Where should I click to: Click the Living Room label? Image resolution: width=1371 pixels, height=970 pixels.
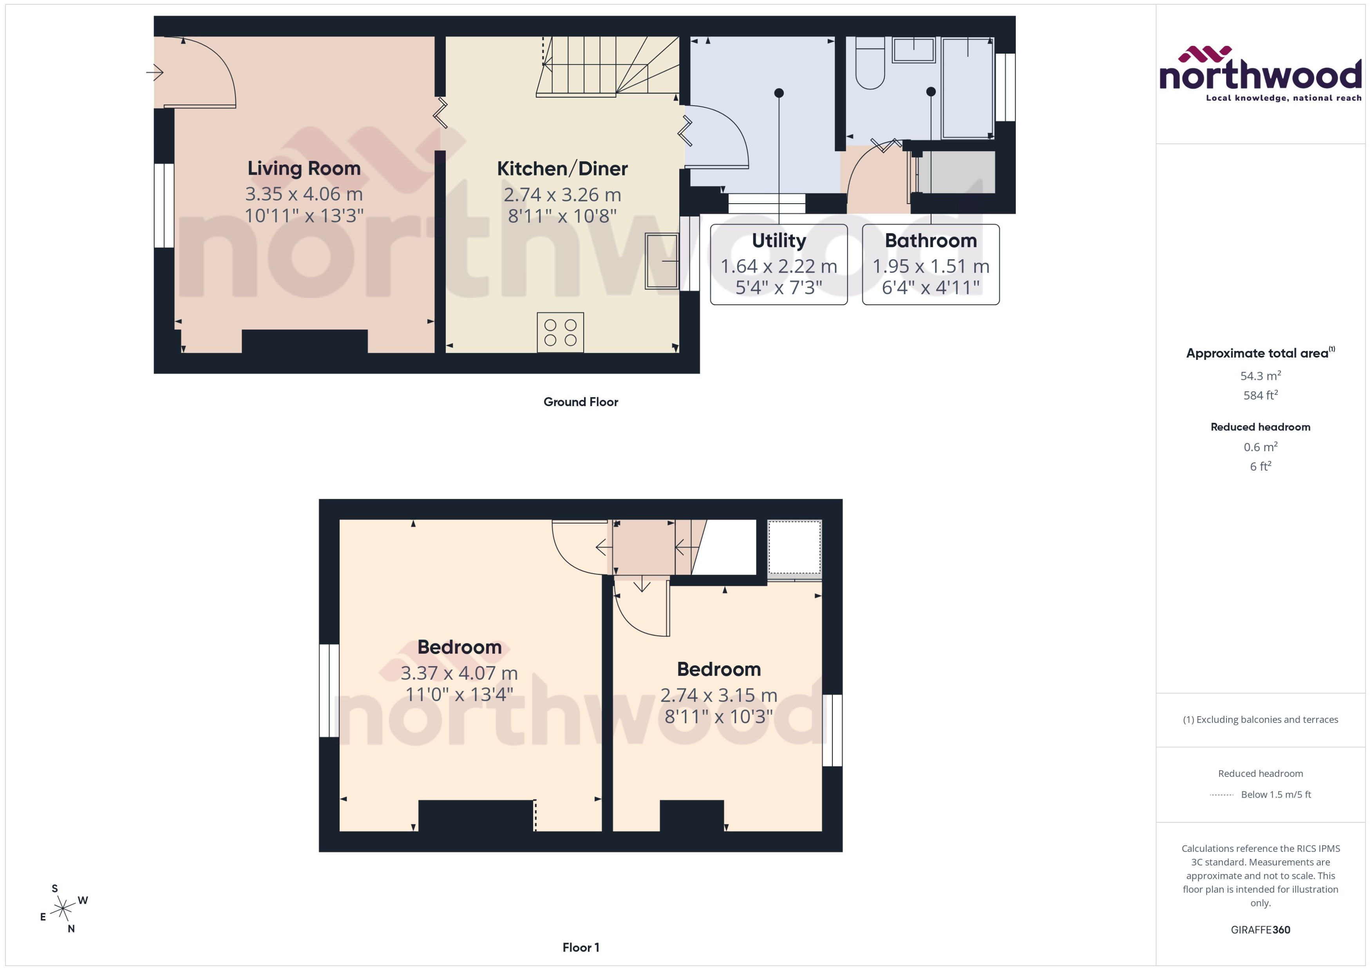pyautogui.click(x=304, y=168)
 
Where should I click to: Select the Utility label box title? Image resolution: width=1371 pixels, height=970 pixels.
pyautogui.click(x=778, y=241)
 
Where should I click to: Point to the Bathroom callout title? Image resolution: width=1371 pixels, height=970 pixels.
pyautogui.click(x=930, y=241)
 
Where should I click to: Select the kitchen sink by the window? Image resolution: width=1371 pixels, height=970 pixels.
pyautogui.click(x=661, y=261)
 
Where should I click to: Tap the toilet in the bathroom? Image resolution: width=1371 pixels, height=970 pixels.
pyautogui.click(x=870, y=63)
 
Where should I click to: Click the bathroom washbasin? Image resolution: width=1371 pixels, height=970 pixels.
pyautogui.click(x=913, y=50)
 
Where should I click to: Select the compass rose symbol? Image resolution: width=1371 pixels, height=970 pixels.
pyautogui.click(x=63, y=909)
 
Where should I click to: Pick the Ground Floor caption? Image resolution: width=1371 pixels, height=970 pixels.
pyautogui.click(x=580, y=402)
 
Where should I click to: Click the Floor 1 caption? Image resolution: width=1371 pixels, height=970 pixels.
pyautogui.click(x=580, y=947)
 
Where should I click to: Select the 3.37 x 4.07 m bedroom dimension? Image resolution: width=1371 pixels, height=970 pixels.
pyautogui.click(x=459, y=673)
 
